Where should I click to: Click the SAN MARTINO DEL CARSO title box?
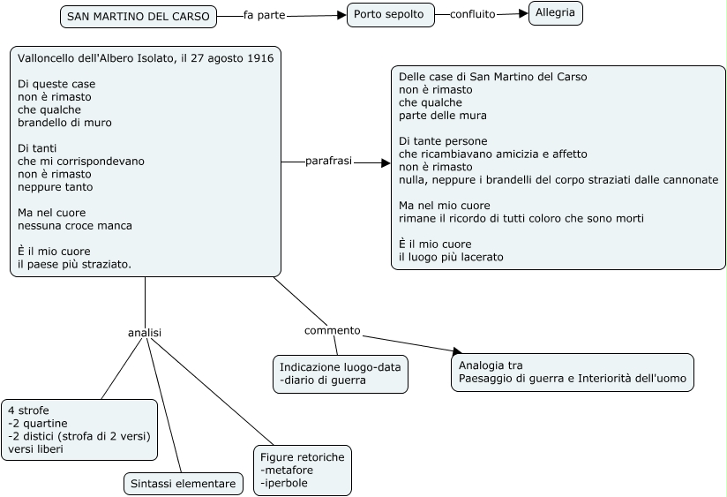(139, 17)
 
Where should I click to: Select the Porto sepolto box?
(390, 15)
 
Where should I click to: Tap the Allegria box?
(556, 13)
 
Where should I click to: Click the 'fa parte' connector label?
(265, 15)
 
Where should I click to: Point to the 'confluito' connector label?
(472, 14)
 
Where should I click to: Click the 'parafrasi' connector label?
(328, 161)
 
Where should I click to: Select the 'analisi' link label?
(145, 333)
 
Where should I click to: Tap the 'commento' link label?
(332, 330)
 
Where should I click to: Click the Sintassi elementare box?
(184, 484)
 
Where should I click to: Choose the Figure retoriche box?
(303, 471)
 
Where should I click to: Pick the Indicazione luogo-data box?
(341, 374)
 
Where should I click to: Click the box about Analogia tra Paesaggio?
(572, 373)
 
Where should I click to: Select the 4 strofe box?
(79, 430)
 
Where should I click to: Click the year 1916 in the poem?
(260, 58)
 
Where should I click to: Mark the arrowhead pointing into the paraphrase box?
(386, 163)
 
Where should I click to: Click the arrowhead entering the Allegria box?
(523, 13)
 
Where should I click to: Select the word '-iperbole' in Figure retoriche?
(284, 483)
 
